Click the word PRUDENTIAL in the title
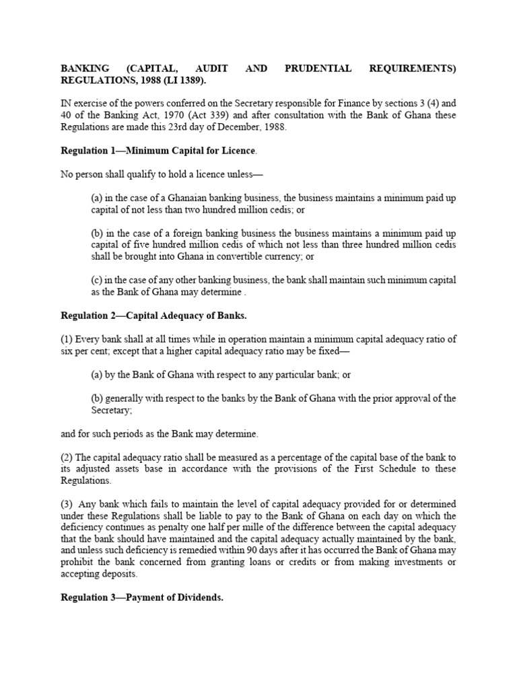315,69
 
